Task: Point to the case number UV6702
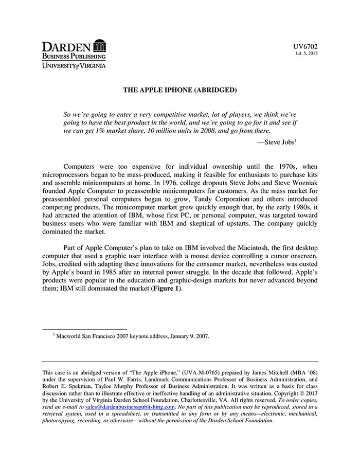(x=305, y=47)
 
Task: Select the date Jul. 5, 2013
(x=307, y=53)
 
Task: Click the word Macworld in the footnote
(x=70, y=336)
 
